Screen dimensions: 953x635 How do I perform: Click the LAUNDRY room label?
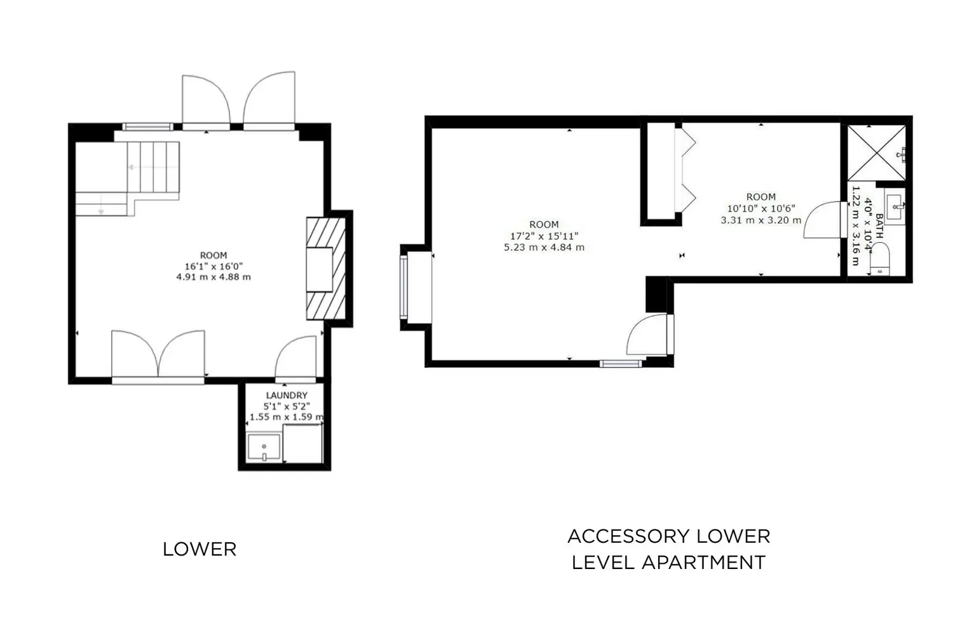click(287, 395)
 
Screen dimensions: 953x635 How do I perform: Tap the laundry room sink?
click(264, 446)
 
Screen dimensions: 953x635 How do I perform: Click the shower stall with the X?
click(877, 152)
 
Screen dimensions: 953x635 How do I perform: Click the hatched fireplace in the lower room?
click(326, 269)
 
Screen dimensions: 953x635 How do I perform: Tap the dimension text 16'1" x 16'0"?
click(213, 266)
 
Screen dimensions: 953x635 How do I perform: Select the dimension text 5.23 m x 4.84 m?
click(544, 247)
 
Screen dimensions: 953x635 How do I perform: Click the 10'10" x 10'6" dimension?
click(761, 208)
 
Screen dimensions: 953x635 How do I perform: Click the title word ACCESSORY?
click(628, 537)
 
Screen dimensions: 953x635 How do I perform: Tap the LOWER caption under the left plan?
click(199, 549)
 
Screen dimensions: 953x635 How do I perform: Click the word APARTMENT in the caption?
click(704, 562)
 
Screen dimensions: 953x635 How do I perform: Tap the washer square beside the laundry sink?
click(302, 443)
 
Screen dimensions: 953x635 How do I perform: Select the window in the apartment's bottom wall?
click(621, 363)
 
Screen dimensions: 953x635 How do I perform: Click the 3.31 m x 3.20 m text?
click(761, 220)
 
